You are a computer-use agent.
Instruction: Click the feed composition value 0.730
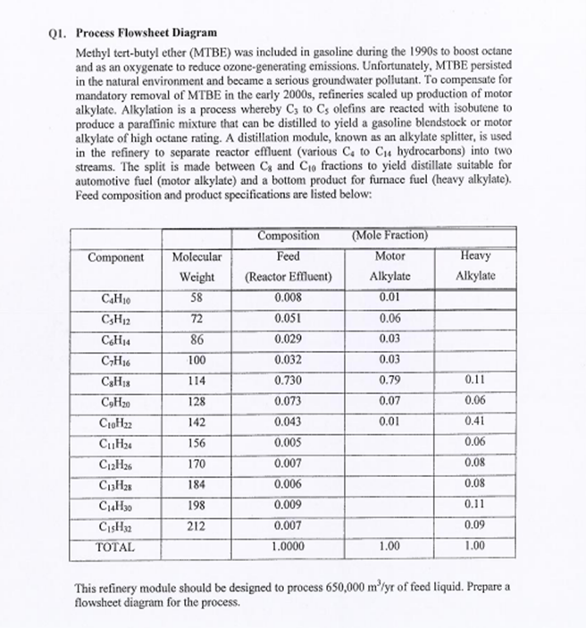pyautogui.click(x=288, y=378)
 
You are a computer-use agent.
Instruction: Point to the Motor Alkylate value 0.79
pyautogui.click(x=389, y=378)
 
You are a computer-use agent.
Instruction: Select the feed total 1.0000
pyautogui.click(x=288, y=545)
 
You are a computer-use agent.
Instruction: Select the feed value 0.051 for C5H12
pyautogui.click(x=288, y=317)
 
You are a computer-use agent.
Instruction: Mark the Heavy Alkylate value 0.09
pyautogui.click(x=475, y=524)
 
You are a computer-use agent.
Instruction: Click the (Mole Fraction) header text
pyautogui.click(x=389, y=236)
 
